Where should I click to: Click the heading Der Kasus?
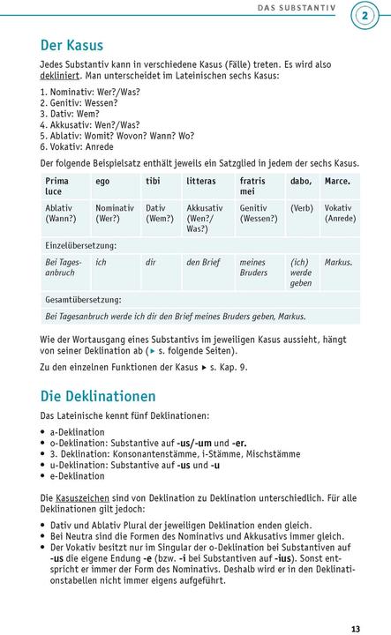coord(71,45)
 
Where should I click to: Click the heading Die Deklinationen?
coord(98,396)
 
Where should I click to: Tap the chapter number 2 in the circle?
coord(365,14)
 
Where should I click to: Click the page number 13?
coord(355,604)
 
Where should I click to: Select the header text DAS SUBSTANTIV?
coord(297,8)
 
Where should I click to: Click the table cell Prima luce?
coord(56,186)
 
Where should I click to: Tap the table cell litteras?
coord(201,182)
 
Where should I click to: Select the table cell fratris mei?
coord(252,186)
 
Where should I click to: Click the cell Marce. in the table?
coord(337,182)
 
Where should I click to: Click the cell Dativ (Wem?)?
coord(159,213)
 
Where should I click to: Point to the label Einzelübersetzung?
coord(80,245)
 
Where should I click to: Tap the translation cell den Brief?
coord(205,262)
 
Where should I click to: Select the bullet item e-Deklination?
coord(77,476)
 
